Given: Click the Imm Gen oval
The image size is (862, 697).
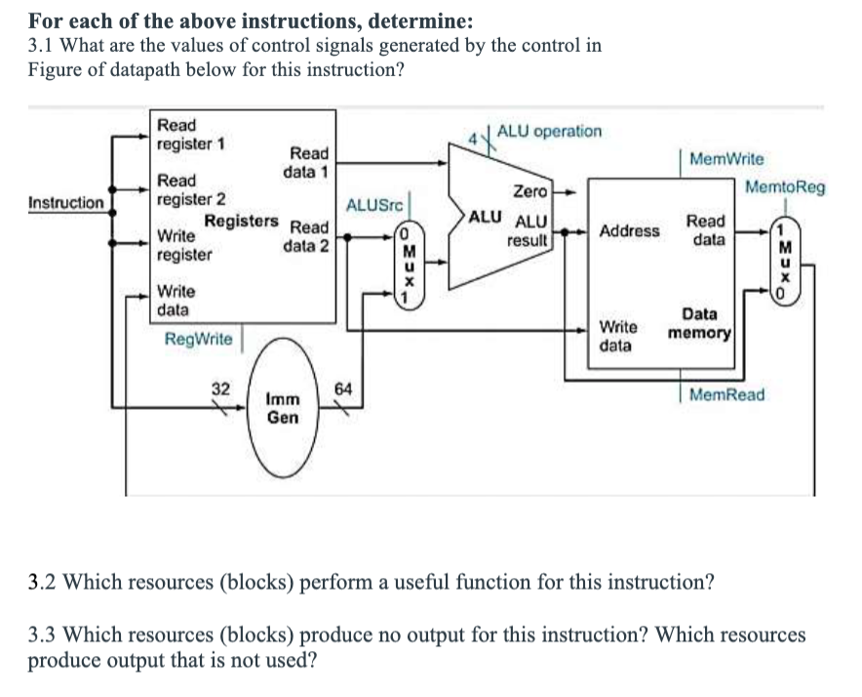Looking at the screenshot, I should (x=283, y=409).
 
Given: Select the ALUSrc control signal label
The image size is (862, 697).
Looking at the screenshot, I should (x=370, y=205).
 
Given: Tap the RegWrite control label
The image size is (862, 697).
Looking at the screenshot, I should (x=199, y=339).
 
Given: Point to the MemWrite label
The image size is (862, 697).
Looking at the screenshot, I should (x=726, y=158).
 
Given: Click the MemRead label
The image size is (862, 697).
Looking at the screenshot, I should (x=726, y=395).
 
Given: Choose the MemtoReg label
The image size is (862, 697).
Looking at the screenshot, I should (x=785, y=186).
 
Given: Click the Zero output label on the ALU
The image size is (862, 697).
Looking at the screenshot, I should (x=531, y=191).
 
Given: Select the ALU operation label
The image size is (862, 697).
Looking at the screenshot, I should (x=549, y=131).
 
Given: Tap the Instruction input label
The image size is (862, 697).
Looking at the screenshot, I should (x=65, y=203).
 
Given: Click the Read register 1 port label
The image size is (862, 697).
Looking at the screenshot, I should (x=190, y=135).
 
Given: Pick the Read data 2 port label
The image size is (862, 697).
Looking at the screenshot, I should (x=305, y=237).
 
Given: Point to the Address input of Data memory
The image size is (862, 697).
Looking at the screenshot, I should (x=629, y=231).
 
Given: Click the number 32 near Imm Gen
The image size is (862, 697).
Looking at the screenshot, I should (x=221, y=389).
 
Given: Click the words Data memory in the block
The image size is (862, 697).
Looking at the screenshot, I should (x=699, y=324).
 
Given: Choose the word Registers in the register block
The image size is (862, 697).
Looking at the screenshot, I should (x=241, y=222).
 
